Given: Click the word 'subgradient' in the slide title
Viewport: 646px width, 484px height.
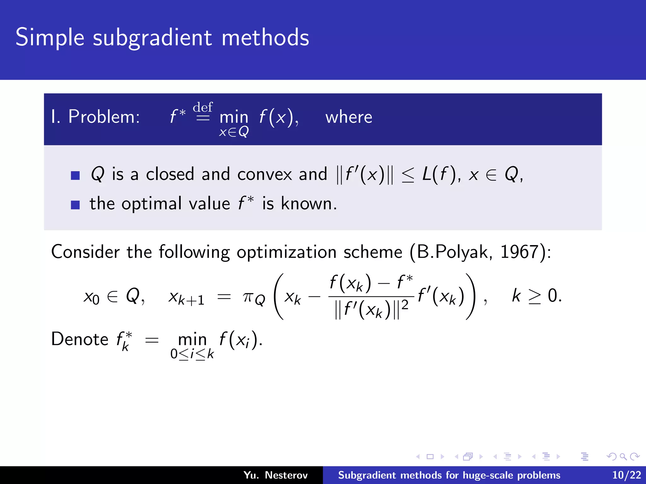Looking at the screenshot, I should [152, 38].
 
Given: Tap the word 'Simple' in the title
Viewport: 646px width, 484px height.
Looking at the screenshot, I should [50, 38].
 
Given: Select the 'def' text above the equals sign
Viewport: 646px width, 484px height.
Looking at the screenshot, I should [203, 107].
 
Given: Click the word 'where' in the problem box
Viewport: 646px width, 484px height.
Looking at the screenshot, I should [349, 117].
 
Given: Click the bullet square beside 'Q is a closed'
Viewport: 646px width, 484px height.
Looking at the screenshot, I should [75, 175].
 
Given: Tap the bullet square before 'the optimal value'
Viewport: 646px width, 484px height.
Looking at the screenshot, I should [75, 205].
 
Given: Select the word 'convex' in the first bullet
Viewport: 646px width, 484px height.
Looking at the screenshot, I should [265, 174].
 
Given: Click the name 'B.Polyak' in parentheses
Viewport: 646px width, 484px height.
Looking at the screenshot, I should [453, 252].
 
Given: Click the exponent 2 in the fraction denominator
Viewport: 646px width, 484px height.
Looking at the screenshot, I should [405, 305].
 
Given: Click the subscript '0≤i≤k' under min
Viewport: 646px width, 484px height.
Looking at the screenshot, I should [192, 354].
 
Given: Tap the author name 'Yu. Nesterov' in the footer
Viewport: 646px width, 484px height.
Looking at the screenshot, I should [275, 475].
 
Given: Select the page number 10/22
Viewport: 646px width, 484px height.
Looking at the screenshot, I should [626, 475].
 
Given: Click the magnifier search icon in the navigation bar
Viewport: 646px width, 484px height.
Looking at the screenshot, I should [623, 456].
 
